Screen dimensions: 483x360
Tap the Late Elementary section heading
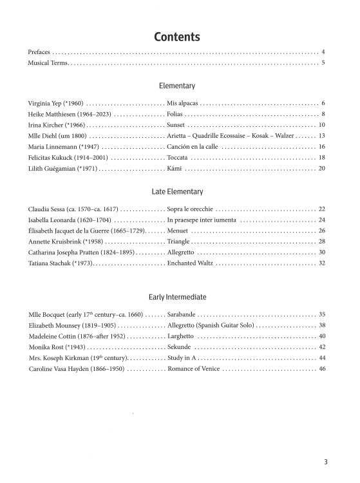click(180, 191)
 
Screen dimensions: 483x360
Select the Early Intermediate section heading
click(180, 297)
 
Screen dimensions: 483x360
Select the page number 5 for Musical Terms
click(323, 63)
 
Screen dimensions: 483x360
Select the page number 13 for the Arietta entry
click(322, 136)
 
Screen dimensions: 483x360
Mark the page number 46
click(322, 369)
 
